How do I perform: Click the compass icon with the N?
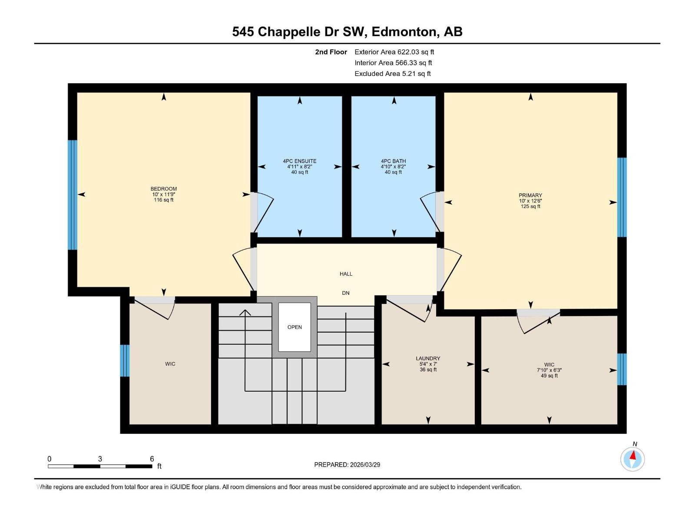point(632,458)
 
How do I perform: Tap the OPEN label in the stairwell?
point(295,327)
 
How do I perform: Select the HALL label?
point(346,274)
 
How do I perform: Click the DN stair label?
point(346,293)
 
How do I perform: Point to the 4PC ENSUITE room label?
point(300,161)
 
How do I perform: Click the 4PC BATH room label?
point(393,161)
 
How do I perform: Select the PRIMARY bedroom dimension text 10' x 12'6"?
point(530,201)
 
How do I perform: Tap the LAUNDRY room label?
point(428,359)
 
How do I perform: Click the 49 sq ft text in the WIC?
point(549,376)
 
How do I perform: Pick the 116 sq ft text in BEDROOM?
point(164,200)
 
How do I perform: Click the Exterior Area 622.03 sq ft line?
point(394,52)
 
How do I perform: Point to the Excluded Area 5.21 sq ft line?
point(392,74)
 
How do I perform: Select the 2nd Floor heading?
point(331,52)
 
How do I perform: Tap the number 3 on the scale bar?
point(100,459)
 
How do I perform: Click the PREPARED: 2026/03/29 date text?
point(347,465)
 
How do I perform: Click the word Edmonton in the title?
point(404,32)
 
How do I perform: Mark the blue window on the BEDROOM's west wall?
point(73,195)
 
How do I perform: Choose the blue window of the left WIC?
point(125,360)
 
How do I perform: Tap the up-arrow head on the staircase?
point(245,312)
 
